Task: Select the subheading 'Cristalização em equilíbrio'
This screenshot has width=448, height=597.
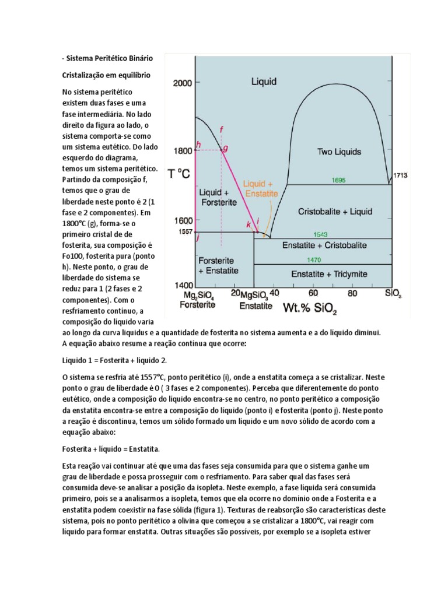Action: point(107,75)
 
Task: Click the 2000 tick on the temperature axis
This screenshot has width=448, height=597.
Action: point(182,83)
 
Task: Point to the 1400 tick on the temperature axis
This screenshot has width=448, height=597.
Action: point(182,286)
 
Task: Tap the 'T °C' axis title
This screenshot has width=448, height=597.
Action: point(179,174)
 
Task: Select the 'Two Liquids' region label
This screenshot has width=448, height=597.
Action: point(339,152)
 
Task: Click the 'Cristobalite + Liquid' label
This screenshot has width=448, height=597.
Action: point(335,211)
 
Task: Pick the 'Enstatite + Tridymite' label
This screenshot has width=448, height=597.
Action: point(325,273)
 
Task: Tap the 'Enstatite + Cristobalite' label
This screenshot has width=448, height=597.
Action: point(324,245)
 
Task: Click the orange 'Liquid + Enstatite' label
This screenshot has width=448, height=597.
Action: point(261,188)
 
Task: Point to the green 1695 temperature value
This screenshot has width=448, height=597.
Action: point(338,180)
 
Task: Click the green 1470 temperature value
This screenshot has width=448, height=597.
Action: point(322,259)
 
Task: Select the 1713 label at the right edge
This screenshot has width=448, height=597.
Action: point(400,174)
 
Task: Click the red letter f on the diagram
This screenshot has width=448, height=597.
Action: point(220,129)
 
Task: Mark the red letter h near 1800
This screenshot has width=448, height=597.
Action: point(198,145)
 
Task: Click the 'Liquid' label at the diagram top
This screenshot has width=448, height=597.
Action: point(264,82)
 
